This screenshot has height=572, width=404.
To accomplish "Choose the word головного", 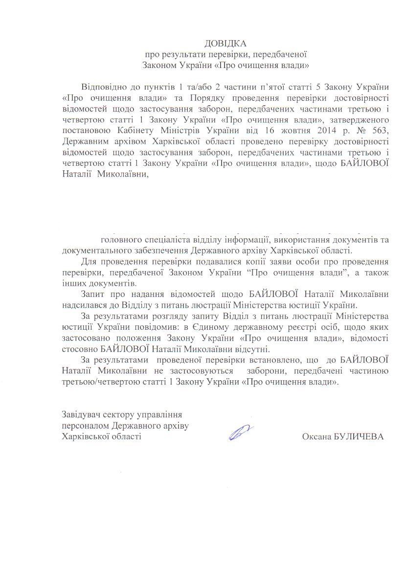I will coord(122,240).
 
